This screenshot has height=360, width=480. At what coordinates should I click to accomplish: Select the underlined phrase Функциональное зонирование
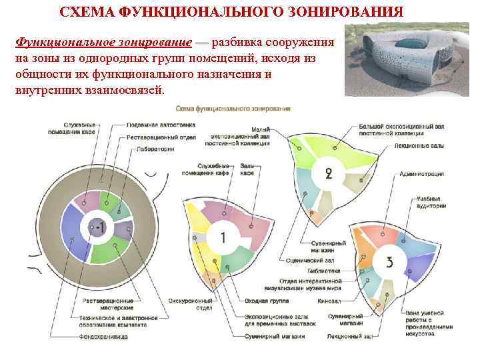pos(104,42)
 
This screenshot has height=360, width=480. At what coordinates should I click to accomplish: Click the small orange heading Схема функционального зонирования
pos(233,108)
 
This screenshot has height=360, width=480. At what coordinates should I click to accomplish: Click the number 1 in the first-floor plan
pos(222,237)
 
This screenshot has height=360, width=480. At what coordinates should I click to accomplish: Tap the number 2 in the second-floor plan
pos(328,174)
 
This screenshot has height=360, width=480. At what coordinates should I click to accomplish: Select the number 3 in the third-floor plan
pos(389,261)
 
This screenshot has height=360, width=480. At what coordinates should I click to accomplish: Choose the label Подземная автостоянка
pos(153,125)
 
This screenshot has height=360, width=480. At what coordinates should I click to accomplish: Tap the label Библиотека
pos(324,271)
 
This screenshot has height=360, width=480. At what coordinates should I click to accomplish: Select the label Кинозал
pos(329,301)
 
